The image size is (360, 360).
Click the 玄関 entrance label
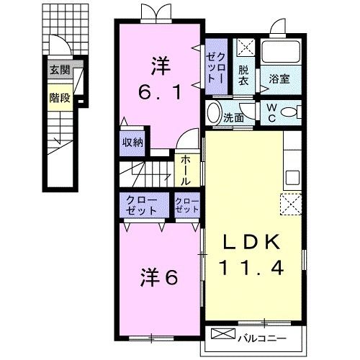[x=60, y=70]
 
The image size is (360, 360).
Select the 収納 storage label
[x=132, y=142]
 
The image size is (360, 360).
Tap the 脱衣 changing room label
[x=245, y=76]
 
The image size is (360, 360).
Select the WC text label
[x=271, y=114]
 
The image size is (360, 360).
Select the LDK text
[x=252, y=241]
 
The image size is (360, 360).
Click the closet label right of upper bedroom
[x=217, y=66]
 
